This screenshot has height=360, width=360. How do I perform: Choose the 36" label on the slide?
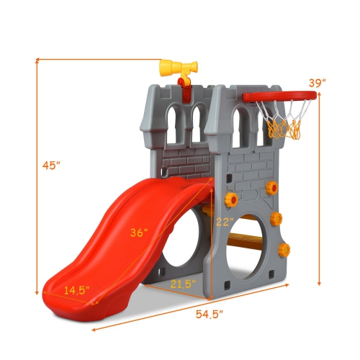coord(139,233)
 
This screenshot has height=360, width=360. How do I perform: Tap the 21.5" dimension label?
coord(183,284)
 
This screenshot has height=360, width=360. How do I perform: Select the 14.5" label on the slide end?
coord(76,290)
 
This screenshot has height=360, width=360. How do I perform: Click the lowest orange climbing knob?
coord(284,250)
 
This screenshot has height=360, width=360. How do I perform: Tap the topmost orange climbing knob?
coord(271,187)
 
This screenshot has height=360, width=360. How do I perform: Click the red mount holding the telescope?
coord(184,89)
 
